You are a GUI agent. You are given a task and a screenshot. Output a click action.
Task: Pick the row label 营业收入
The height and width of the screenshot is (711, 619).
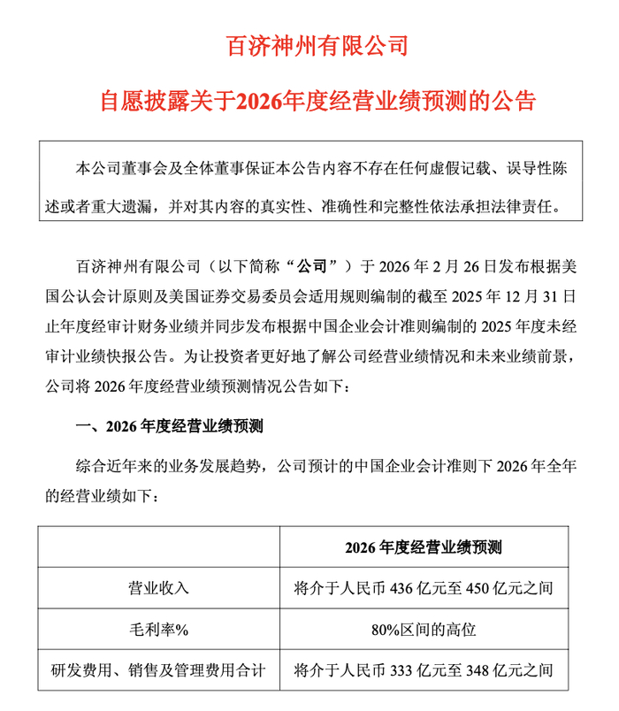click(159, 586)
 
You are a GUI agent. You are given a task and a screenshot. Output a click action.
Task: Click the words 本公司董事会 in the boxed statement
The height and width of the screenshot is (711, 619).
click(113, 167)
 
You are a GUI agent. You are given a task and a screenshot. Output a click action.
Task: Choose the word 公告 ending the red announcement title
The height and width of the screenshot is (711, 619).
click(516, 100)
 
